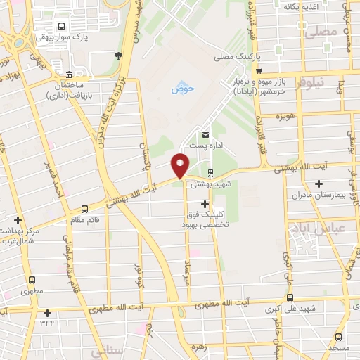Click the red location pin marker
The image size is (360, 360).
tap(181, 165)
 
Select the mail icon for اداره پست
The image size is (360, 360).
tap(205, 134)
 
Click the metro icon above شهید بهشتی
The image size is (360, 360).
tap(211, 172)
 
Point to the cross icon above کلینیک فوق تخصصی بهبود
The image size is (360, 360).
tap(205, 203)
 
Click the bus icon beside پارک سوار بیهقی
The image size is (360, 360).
tap(62, 26)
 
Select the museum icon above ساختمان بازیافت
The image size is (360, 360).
tap(68, 75)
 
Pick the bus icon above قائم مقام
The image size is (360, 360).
tap(85, 209)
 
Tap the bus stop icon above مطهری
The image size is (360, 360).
tap(32, 279)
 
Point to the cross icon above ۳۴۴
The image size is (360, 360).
tap(47, 313)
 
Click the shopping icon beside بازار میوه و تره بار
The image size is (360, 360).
tap(259, 70)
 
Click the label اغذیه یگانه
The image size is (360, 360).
tap(302, 6)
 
